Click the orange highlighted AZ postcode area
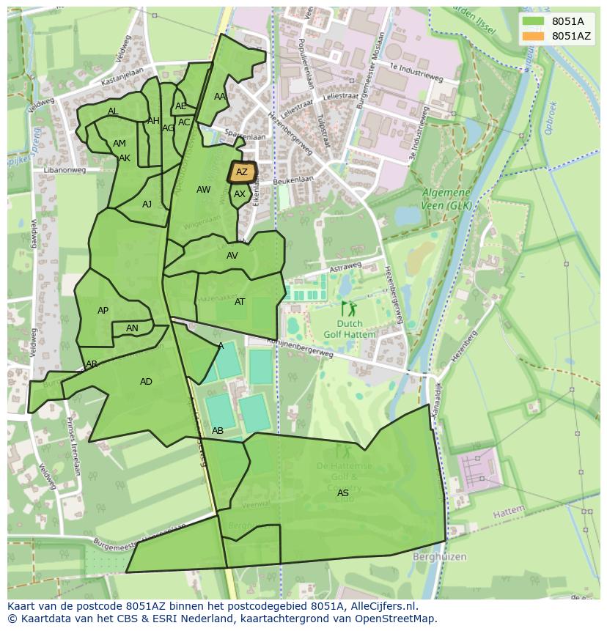pyautogui.click(x=241, y=172)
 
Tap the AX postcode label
pyautogui.click(x=240, y=194)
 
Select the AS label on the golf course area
pyautogui.click(x=343, y=493)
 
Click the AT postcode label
pyautogui.click(x=240, y=302)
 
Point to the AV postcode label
pyautogui.click(x=232, y=256)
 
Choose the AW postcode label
pyautogui.click(x=203, y=190)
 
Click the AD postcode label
pyautogui.click(x=146, y=382)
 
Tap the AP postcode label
pyautogui.click(x=103, y=311)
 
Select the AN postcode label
pyautogui.click(x=132, y=328)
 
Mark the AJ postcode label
pyautogui.click(x=147, y=204)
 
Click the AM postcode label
pyautogui.click(x=119, y=144)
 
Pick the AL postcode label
pyautogui.click(x=113, y=111)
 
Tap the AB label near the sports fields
pyautogui.click(x=218, y=431)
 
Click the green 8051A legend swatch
pyautogui.click(x=534, y=21)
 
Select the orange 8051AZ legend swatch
pyautogui.click(x=534, y=36)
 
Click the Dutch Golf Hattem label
pyautogui.click(x=350, y=329)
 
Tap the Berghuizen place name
pyautogui.click(x=439, y=557)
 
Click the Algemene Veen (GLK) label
pyautogui.click(x=446, y=199)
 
